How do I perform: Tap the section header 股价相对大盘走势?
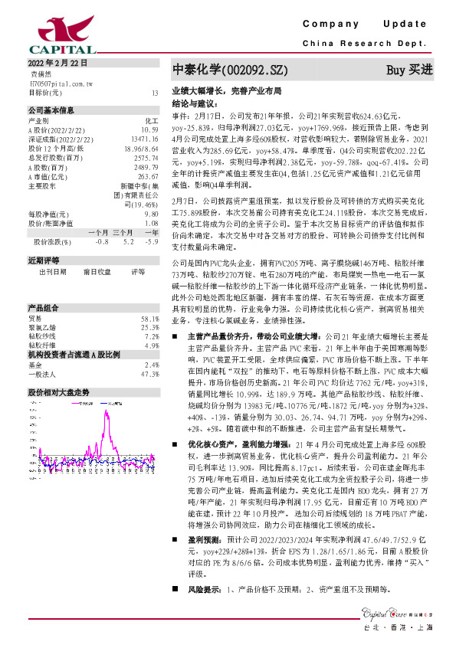click(58, 392)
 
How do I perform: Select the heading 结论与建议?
click(195, 100)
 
